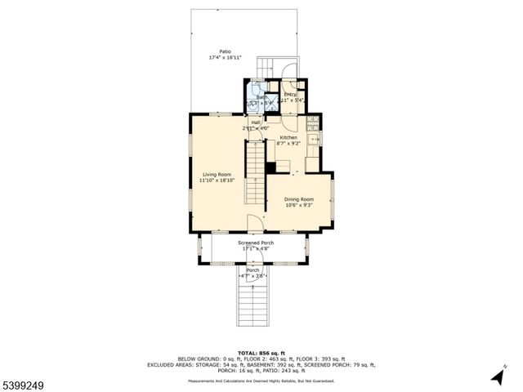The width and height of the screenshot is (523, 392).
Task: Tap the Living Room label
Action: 217,174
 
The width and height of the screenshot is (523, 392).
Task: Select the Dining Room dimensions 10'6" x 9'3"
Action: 299,206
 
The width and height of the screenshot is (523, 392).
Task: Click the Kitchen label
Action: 288,137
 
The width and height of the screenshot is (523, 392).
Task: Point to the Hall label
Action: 256,122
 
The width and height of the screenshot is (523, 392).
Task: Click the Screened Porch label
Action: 256,243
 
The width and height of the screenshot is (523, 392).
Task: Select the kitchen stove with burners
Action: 311,124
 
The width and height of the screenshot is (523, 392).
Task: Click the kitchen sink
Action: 311,147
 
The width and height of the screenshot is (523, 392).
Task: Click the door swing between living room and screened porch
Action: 255,225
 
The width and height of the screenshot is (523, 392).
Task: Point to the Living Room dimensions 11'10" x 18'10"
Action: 217,180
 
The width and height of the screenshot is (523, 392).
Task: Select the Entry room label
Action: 289,94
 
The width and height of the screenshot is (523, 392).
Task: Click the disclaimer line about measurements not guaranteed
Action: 261,380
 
